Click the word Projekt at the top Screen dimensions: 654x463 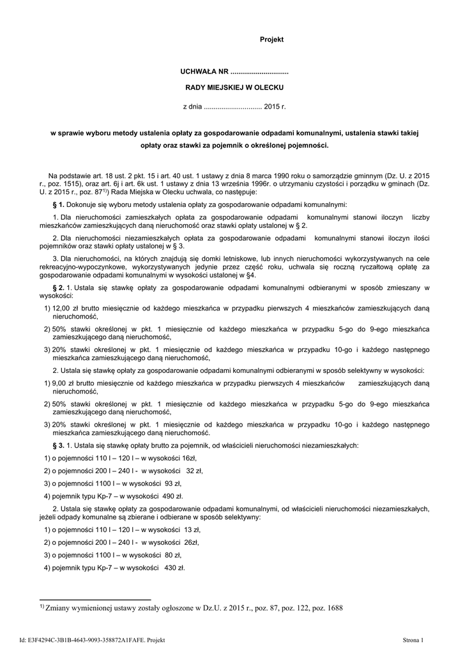pyautogui.click(x=271, y=40)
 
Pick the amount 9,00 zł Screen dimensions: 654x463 pyautogui.click(x=63, y=382)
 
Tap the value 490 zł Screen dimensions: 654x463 pyautogui.click(x=173, y=495)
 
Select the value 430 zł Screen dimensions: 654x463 pyautogui.click(x=174, y=567)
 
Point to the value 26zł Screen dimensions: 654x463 pyautogui.click(x=190, y=542)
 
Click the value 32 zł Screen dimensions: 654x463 pyautogui.click(x=194, y=470)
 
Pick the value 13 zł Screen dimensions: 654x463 pyautogui.click(x=192, y=529)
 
